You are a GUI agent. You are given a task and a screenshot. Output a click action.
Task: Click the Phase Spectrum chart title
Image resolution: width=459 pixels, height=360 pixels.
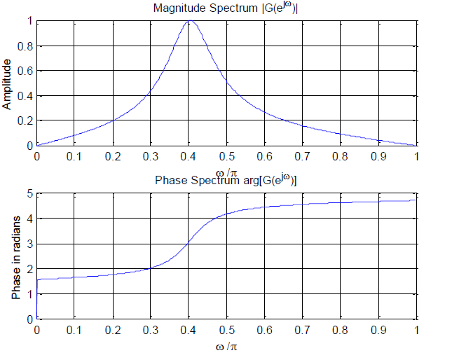pos(225,181)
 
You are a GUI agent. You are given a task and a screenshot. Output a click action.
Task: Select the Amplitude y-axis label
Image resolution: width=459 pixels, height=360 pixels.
pos(8,84)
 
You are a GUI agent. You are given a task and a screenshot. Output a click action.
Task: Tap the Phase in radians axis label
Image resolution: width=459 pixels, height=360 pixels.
pos(16,256)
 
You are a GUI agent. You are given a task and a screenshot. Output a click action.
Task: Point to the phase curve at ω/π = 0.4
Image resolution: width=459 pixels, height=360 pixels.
pos(189,243)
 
